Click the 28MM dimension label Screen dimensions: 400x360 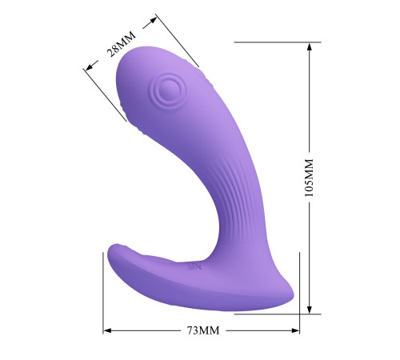pyautogui.click(x=122, y=44)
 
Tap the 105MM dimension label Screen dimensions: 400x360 pyautogui.click(x=309, y=178)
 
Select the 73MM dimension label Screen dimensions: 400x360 pyautogui.click(x=203, y=330)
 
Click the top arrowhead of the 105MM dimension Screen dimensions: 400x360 pyautogui.click(x=310, y=47)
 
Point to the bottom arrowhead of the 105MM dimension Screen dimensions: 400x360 pyautogui.click(x=310, y=310)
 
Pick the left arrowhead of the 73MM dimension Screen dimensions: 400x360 pyautogui.click(x=107, y=330)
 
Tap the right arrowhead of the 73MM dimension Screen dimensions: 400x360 pyautogui.click(x=295, y=330)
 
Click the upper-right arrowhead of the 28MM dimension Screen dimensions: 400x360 pyautogui.click(x=153, y=21)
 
